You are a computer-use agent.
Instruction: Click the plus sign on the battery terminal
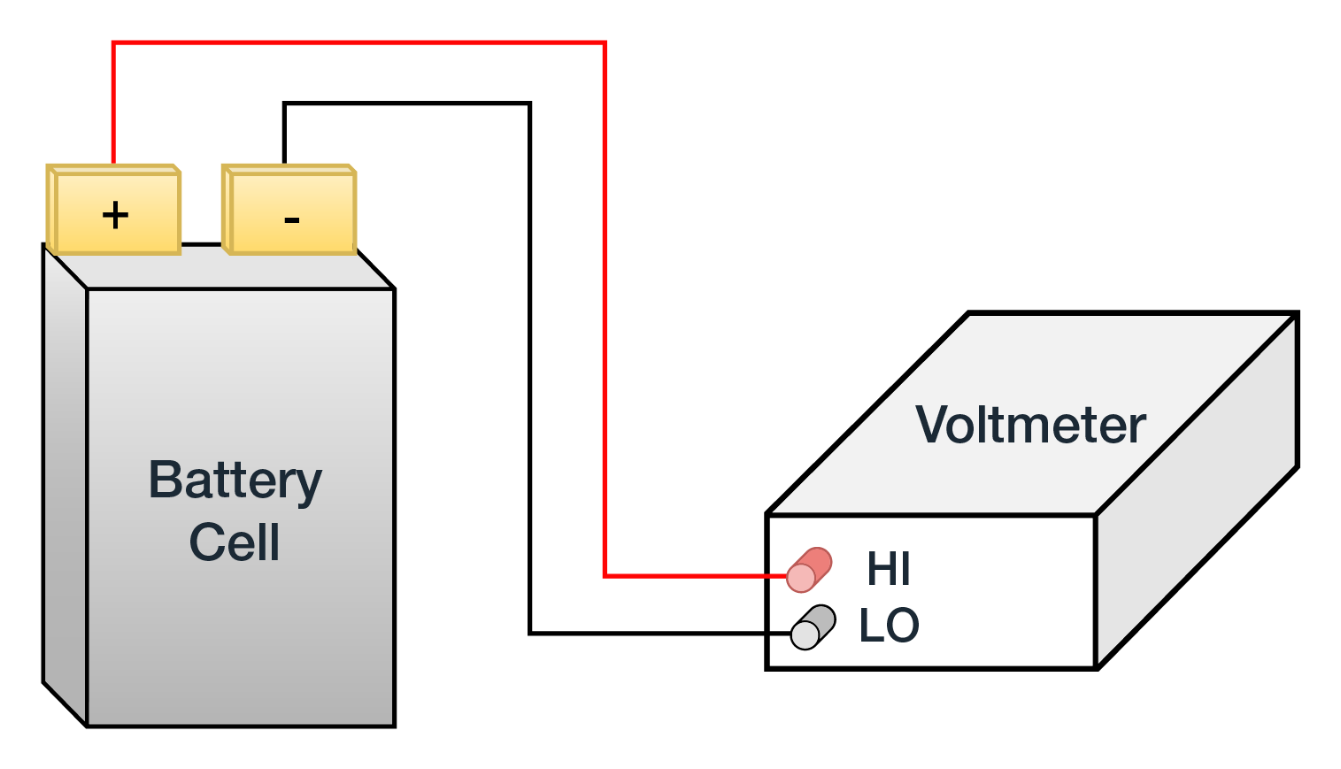click(115, 215)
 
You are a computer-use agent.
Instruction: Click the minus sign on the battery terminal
click(291, 219)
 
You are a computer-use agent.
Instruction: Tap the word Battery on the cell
click(235, 481)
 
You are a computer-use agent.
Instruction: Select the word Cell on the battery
click(235, 542)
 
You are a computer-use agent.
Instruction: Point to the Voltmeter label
click(1030, 425)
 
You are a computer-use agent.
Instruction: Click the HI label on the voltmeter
click(888, 569)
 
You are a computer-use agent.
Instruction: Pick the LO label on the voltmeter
click(889, 626)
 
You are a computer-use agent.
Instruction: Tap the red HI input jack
click(808, 570)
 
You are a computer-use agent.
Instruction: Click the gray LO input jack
click(813, 627)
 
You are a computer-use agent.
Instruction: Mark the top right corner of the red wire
click(605, 42)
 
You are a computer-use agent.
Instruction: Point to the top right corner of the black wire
click(529, 104)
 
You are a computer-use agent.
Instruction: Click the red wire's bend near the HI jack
click(605, 576)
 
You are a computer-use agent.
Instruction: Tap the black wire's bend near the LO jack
click(529, 633)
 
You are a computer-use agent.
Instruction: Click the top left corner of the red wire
click(113, 42)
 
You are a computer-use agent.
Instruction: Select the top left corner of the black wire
click(284, 104)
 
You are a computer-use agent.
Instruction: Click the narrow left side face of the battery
click(65, 487)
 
